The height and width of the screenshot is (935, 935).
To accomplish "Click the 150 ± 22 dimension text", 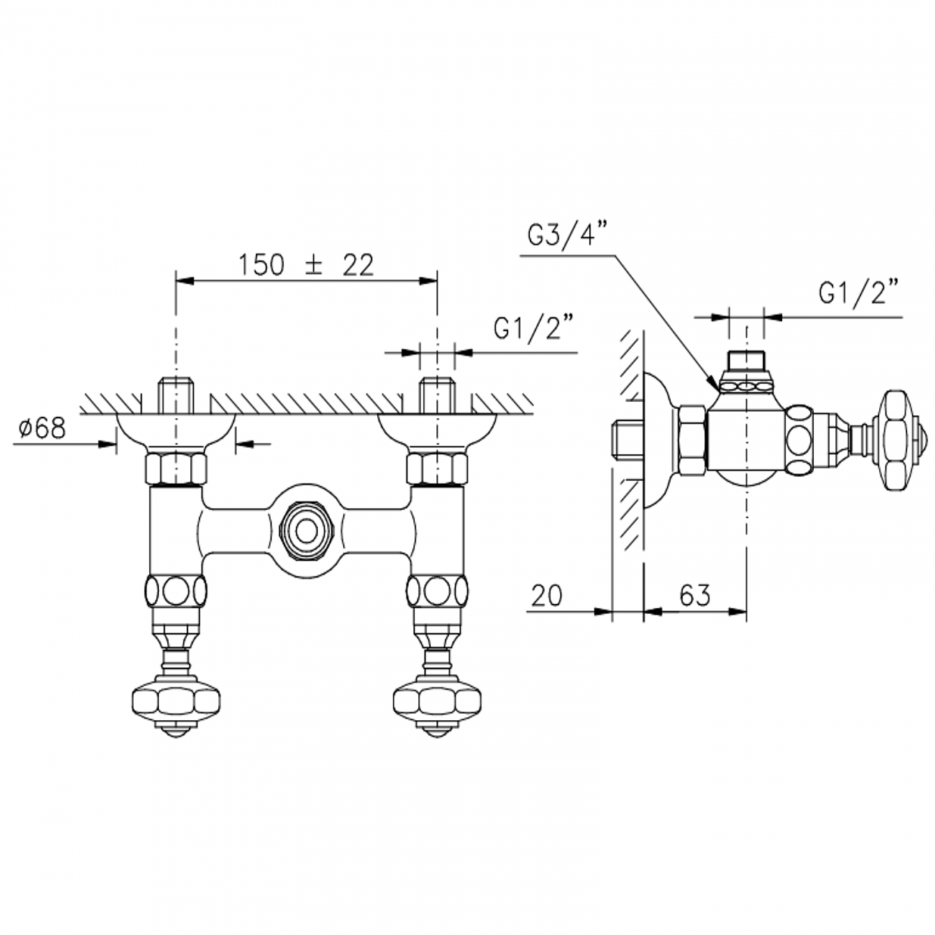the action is [306, 265].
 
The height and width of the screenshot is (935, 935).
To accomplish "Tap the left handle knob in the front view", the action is [175, 700].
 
